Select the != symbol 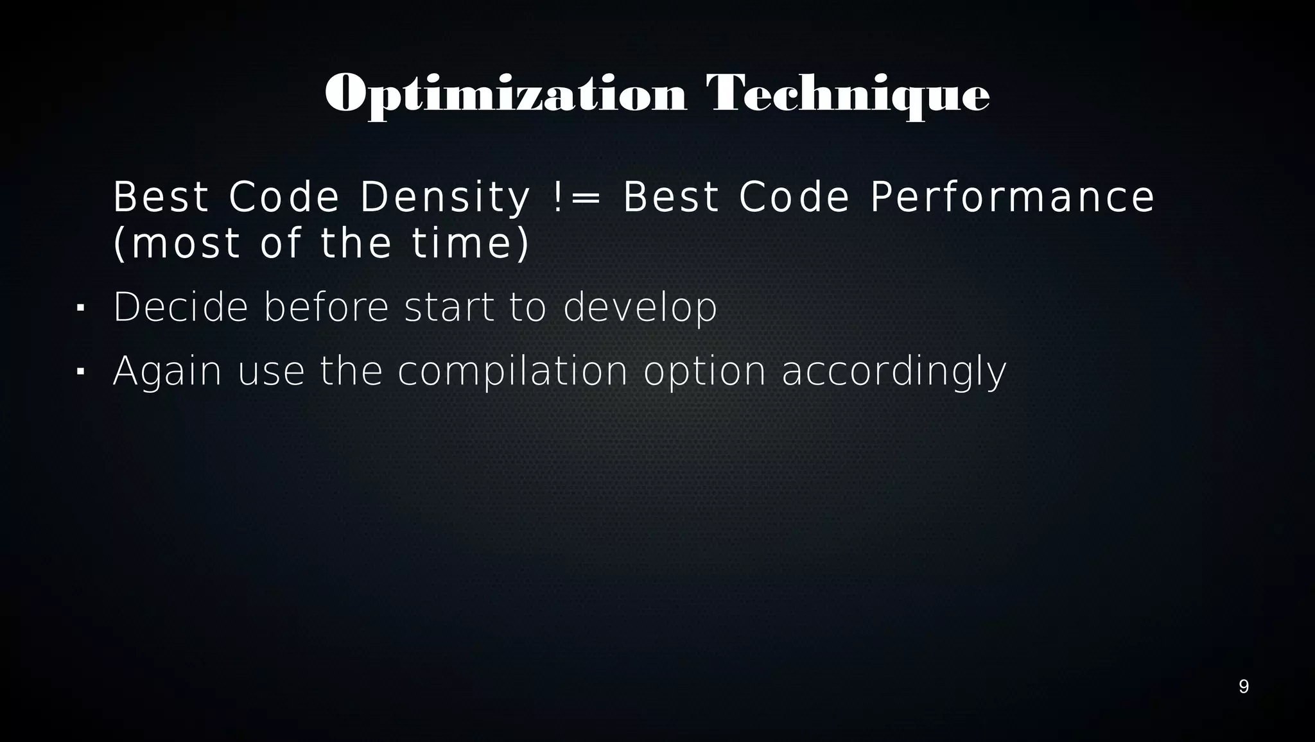click(576, 197)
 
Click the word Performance click(1012, 197)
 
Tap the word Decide click(180, 307)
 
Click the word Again click(167, 372)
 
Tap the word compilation click(512, 372)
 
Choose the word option click(704, 372)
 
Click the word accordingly click(894, 372)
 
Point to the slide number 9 click(1244, 687)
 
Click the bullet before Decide click(80, 308)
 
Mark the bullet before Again click(80, 372)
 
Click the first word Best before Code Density click(161, 197)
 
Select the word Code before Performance click(794, 197)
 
